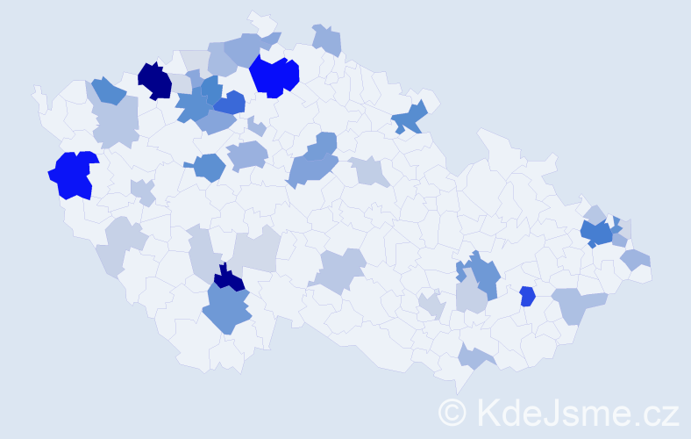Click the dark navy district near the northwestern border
tap(154, 80)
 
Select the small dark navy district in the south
tap(230, 279)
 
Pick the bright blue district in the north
tap(274, 76)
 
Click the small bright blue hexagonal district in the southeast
tap(527, 296)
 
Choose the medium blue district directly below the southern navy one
tap(227, 310)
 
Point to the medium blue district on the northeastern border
tap(410, 117)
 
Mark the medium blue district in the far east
tap(598, 234)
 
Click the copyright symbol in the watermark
tap(452, 412)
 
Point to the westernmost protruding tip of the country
tap(37, 91)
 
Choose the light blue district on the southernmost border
tap(474, 356)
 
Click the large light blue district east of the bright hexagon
tap(579, 304)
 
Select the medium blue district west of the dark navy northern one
tap(108, 90)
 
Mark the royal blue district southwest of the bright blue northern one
tap(230, 103)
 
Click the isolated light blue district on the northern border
tap(326, 40)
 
